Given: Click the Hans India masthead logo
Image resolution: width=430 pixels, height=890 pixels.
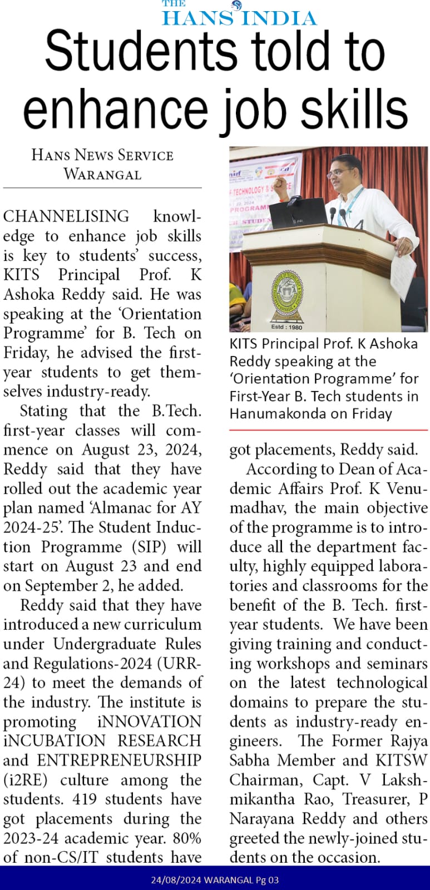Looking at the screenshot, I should pyautogui.click(x=239, y=14).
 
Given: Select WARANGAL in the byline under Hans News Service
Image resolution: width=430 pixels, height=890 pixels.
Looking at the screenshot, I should pyautogui.click(x=102, y=174).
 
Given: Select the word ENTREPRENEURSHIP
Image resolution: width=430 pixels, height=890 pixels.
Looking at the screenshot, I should pyautogui.click(x=119, y=760).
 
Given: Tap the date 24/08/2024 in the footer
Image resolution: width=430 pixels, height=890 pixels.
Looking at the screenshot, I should pyautogui.click(x=175, y=880).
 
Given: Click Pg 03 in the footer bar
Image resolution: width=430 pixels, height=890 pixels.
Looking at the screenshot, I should pyautogui.click(x=267, y=880).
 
